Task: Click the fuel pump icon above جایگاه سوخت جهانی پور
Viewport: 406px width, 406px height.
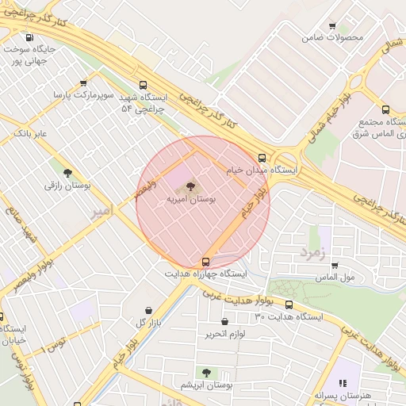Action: coord(30,37)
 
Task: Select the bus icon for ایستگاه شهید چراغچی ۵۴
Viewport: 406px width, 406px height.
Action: coord(143,85)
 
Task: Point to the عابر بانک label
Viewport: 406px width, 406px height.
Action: coord(30,133)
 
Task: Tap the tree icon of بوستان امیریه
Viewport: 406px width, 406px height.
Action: coord(190,186)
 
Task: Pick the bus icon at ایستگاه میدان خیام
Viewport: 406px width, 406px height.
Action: coord(262,157)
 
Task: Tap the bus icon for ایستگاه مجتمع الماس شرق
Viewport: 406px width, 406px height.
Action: coord(385,109)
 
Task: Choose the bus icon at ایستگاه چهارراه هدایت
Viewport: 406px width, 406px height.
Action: coord(206,261)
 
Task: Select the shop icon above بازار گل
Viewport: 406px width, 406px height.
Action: coord(149,309)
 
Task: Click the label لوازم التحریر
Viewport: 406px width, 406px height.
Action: coord(224,334)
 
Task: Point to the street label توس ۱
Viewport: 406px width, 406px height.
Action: coord(54,343)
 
